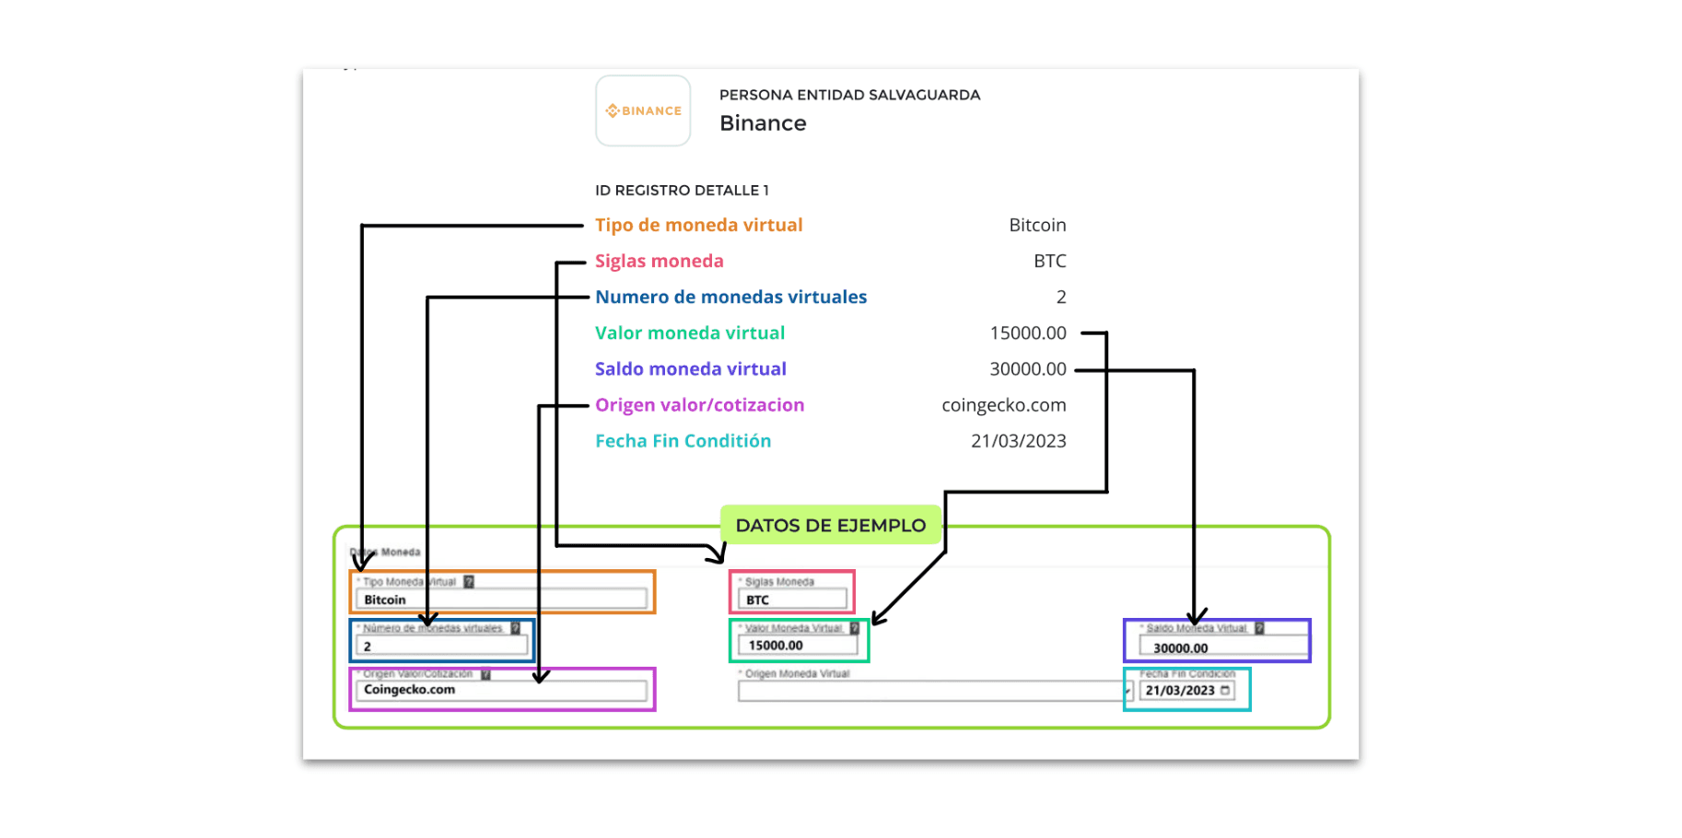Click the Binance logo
tap(643, 111)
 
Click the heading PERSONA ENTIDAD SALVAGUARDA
tap(849, 95)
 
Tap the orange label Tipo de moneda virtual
tap(698, 225)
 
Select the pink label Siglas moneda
tap(659, 261)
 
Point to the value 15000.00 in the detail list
tap(1027, 332)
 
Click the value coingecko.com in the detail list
tap(1003, 405)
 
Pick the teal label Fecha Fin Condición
tap(683, 441)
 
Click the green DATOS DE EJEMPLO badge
tap(830, 525)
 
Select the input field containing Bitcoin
tap(501, 599)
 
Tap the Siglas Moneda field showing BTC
tap(792, 599)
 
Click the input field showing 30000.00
tap(1222, 647)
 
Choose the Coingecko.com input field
tap(501, 690)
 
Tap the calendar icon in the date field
tap(1225, 690)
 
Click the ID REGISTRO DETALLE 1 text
tap(681, 191)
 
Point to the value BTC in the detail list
tap(1049, 261)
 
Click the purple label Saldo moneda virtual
tap(690, 369)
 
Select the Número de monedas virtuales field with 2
tap(442, 646)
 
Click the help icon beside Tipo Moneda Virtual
tap(469, 582)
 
